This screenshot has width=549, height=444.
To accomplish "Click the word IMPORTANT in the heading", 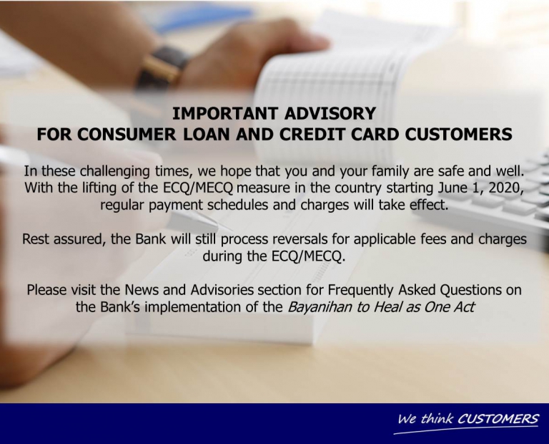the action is [x=225, y=113].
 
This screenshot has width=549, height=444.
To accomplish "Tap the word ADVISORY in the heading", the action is [x=330, y=113].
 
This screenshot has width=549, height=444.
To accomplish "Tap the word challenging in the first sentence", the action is [x=116, y=172].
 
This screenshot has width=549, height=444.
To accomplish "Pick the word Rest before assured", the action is [x=36, y=239].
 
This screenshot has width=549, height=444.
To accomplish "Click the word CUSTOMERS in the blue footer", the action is [x=498, y=418].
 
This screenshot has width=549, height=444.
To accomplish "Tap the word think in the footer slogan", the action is [x=437, y=418].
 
